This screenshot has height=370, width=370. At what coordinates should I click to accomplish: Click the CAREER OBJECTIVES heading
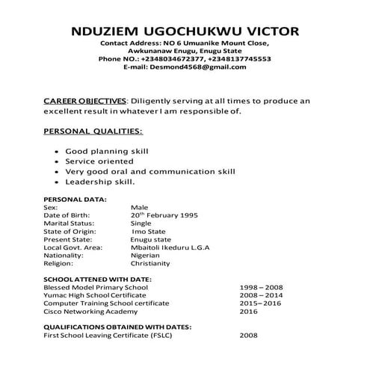85,100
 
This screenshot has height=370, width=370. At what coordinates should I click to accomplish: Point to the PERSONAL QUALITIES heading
93,132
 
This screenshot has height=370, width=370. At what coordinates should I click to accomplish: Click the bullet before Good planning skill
58,151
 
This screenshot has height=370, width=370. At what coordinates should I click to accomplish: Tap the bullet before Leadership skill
58,182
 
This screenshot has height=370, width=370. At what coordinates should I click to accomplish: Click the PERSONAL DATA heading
75,200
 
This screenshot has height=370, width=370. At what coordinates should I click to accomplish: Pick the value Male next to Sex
140,207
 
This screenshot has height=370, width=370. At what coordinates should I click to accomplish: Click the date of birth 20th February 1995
164,215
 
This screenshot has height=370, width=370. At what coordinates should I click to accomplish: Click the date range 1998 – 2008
260,287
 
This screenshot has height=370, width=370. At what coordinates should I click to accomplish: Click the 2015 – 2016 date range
260,303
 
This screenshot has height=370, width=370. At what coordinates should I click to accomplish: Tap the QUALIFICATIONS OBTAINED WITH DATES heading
117,327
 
